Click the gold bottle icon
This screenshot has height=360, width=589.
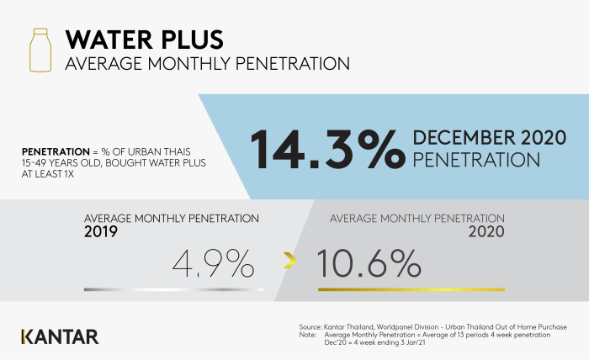click(x=40, y=50)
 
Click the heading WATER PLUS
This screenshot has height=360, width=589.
click(x=145, y=40)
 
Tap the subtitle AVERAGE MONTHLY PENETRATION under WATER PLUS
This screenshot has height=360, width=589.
click(x=207, y=63)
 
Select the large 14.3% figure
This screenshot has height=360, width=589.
click(x=327, y=149)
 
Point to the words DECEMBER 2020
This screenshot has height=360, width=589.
click(x=490, y=137)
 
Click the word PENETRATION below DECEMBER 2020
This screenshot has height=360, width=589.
click(x=476, y=160)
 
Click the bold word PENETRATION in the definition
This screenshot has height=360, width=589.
click(x=56, y=151)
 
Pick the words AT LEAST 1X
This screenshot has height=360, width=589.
click(x=48, y=174)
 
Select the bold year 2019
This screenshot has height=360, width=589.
click(x=101, y=231)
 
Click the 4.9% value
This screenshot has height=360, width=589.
click(x=214, y=263)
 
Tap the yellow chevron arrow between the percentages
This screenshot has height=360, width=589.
click(x=290, y=261)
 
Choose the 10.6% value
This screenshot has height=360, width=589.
click(x=369, y=263)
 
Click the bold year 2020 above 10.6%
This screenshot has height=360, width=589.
click(x=486, y=231)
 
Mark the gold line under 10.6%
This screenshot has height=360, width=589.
click(x=411, y=289)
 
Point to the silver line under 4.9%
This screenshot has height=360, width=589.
click(x=174, y=289)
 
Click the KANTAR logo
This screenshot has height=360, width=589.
click(x=60, y=336)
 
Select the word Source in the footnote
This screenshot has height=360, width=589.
click(x=310, y=327)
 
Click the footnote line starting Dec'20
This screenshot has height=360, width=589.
click(x=375, y=342)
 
